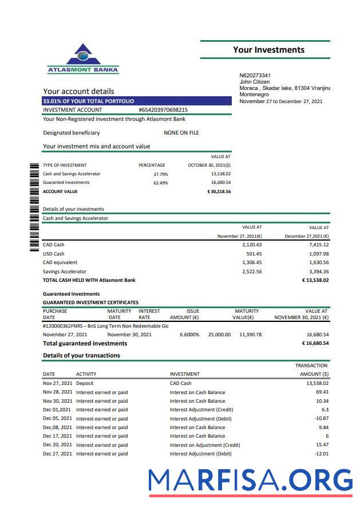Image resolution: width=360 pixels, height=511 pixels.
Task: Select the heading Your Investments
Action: (x=268, y=50)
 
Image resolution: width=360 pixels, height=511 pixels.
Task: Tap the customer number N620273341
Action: (x=255, y=76)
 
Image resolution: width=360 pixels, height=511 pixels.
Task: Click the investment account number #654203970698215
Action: (x=163, y=110)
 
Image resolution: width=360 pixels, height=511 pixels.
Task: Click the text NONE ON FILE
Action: (x=181, y=133)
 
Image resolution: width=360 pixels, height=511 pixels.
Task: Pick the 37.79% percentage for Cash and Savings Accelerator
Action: (x=160, y=174)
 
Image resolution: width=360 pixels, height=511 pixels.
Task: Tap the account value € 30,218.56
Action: (x=219, y=192)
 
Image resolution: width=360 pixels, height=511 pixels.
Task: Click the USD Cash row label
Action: (x=54, y=254)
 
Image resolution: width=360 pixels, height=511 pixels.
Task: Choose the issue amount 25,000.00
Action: (x=219, y=335)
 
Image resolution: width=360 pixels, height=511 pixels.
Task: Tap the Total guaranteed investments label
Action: (x=85, y=344)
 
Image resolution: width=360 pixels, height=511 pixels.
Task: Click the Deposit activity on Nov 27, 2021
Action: (x=85, y=383)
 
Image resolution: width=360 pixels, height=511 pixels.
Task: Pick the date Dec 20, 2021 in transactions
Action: (x=57, y=445)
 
